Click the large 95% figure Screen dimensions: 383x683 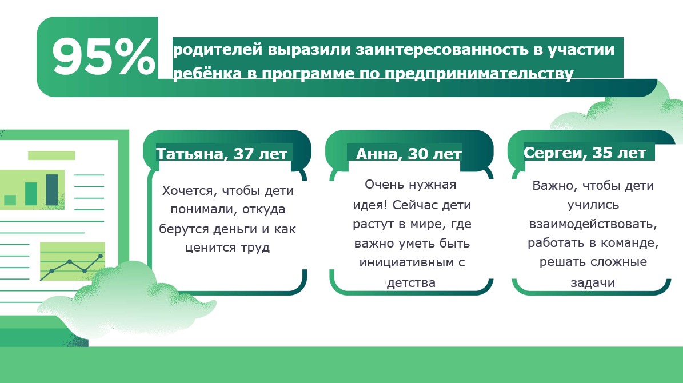coord(103,57)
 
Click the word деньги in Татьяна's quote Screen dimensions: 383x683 coord(247,229)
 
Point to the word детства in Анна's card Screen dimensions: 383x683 coord(411,282)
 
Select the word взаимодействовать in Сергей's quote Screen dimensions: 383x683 coord(593,224)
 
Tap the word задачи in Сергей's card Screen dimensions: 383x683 coord(592,282)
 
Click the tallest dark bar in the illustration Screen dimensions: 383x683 coord(52,189)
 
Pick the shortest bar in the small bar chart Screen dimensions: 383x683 coord(10,200)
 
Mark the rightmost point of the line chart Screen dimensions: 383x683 coord(101,256)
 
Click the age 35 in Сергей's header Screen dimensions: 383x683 coord(603,153)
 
